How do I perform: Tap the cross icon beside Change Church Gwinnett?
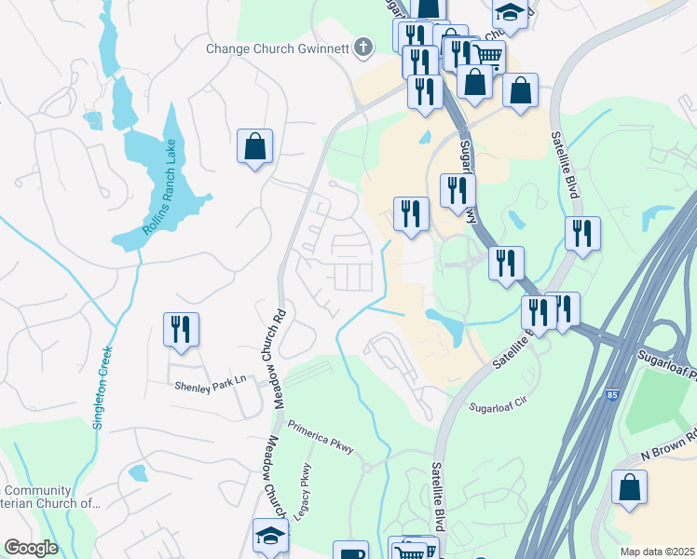[363, 47]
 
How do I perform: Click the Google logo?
[31, 548]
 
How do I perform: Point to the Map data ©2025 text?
[657, 552]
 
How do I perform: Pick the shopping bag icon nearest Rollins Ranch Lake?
[254, 146]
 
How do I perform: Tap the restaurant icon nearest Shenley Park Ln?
[181, 330]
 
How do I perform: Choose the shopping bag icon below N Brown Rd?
[630, 487]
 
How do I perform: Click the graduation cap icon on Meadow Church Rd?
[270, 538]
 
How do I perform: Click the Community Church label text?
[51, 498]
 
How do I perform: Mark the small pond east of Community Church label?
[138, 473]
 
